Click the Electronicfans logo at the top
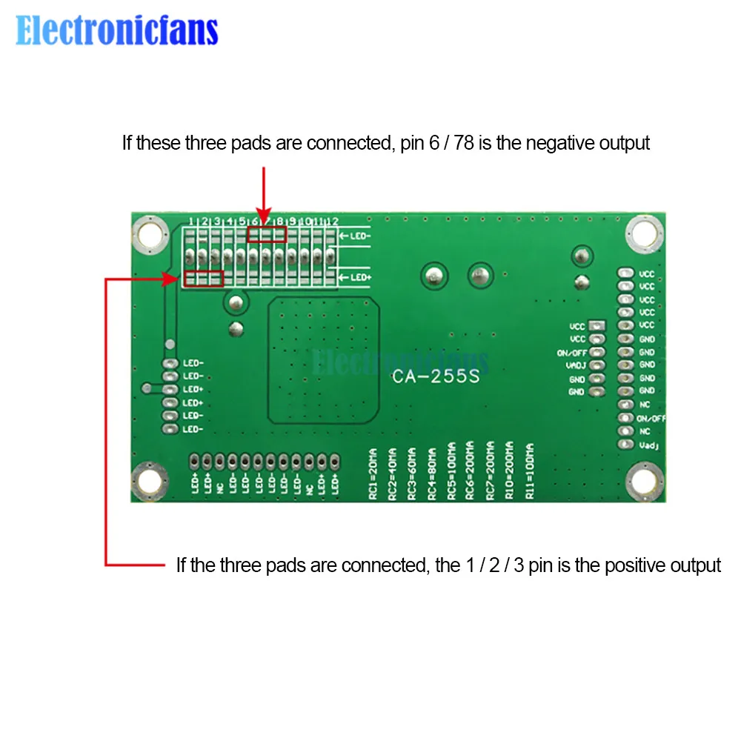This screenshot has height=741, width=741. click(x=117, y=31)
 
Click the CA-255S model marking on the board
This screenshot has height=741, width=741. click(x=436, y=376)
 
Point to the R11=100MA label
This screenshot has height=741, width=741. click(x=529, y=471)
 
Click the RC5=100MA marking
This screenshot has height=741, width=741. click(x=451, y=471)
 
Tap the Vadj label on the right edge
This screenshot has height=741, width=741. click(x=647, y=445)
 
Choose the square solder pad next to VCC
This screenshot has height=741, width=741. click(x=599, y=326)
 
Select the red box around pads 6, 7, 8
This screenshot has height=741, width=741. click(x=267, y=235)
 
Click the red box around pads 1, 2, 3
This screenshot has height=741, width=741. click(x=204, y=279)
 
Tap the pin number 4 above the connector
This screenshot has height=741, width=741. click(x=230, y=221)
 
